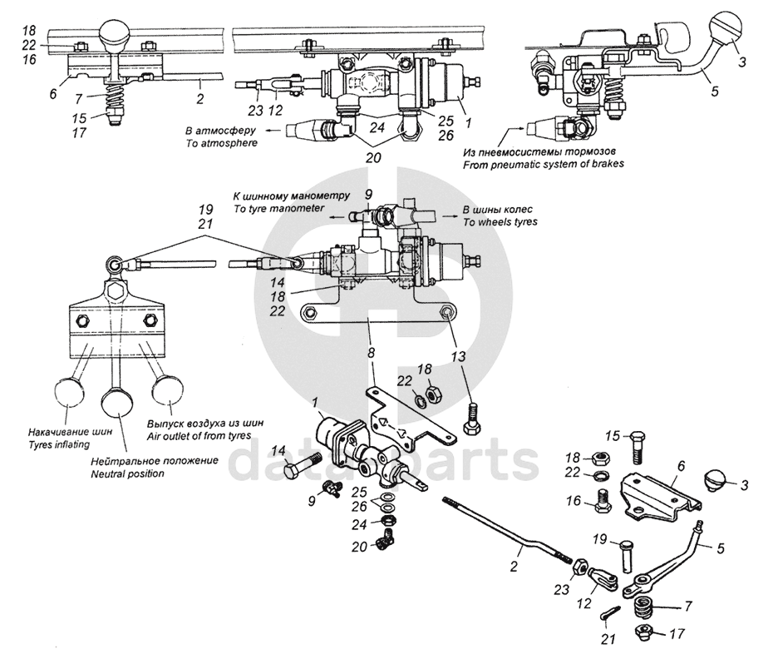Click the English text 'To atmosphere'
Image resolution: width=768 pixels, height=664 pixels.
click(221, 143)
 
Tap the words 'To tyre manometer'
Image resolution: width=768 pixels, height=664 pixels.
click(279, 208)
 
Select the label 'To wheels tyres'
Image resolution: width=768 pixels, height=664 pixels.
click(500, 222)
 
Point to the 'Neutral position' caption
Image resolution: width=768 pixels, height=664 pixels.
click(127, 473)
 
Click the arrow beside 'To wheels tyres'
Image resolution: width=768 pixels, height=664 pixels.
click(450, 216)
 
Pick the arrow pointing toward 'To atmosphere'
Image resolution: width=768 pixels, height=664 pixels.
click(273, 131)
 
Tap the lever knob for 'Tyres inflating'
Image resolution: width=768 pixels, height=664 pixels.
click(69, 392)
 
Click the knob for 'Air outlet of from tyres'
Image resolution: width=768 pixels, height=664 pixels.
click(168, 390)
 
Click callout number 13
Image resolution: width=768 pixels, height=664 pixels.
click(459, 355)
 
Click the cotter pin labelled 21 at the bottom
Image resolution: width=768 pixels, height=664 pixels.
click(610, 614)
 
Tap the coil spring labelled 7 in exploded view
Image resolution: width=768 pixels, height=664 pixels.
click(645, 608)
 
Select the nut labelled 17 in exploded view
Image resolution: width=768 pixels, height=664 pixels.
click(644, 633)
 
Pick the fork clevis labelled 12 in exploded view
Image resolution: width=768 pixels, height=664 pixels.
click(603, 578)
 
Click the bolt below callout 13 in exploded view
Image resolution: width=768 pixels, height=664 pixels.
click(472, 419)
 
